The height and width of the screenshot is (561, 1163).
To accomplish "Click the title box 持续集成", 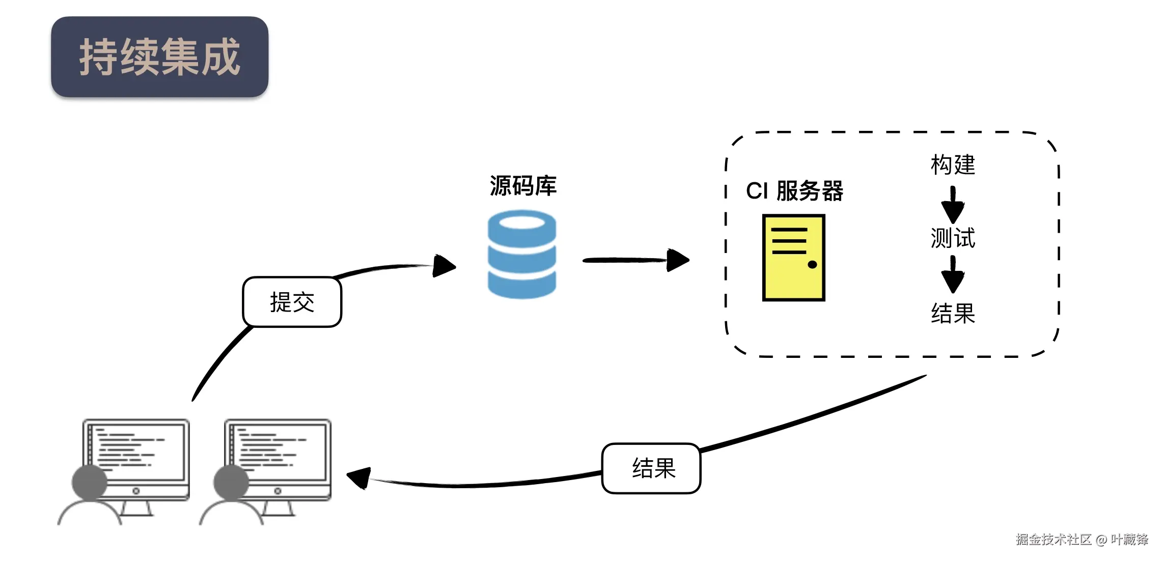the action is (159, 57).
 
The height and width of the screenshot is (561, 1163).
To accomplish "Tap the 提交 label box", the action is (292, 302).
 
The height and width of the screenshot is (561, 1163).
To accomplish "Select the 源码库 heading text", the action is (523, 186).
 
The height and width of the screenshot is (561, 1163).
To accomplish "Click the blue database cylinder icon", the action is (522, 255).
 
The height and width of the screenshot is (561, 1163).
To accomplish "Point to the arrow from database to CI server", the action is (636, 260).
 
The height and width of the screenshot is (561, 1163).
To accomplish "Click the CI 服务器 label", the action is (794, 191).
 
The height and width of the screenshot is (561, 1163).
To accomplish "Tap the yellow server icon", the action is (793, 258).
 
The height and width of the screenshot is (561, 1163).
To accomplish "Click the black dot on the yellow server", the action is (812, 264).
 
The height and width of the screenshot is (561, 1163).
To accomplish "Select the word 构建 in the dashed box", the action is (953, 165).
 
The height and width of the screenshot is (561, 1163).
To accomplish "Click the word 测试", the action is (953, 238).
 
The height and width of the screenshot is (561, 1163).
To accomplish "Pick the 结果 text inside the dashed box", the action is (953, 313).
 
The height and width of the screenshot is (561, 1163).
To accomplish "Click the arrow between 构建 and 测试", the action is (953, 204).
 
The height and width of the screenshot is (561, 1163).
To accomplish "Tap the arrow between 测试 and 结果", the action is (953, 274).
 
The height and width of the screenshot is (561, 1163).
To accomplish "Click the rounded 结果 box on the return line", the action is (651, 468).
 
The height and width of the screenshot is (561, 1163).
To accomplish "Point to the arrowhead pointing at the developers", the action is (358, 478).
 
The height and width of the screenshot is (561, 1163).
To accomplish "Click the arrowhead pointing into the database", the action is (444, 266).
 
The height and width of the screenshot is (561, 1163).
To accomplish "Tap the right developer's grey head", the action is (231, 482).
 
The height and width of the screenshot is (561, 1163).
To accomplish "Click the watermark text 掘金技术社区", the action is (1054, 540).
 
